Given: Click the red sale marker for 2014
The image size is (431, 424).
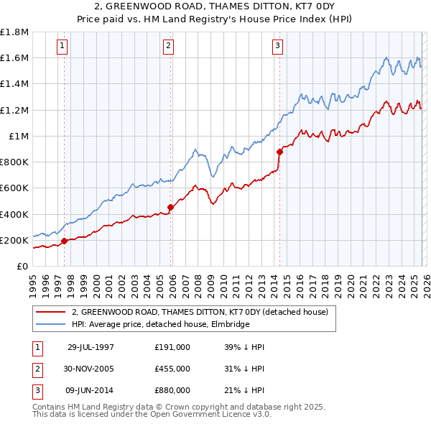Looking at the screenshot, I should [x=279, y=152].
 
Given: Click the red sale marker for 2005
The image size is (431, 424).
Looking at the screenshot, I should [x=170, y=207].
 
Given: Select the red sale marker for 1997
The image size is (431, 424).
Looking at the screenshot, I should [x=65, y=241].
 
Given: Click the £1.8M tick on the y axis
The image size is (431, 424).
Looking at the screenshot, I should [x=14, y=32].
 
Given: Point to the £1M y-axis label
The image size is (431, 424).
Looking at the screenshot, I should [x=18, y=136].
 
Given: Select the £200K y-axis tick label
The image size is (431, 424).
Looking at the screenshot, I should [x=14, y=240].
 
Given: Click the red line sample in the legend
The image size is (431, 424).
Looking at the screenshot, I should [x=50, y=312].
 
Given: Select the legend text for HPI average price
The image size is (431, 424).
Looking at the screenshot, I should [x=159, y=324].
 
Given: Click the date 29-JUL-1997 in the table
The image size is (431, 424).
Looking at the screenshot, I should [x=91, y=346].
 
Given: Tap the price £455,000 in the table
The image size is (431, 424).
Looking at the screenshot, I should [x=172, y=369].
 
